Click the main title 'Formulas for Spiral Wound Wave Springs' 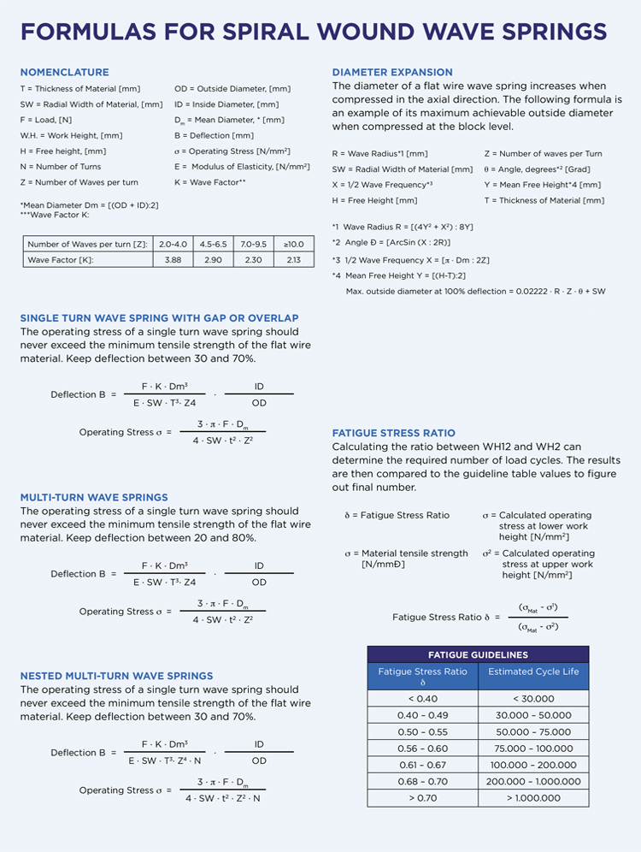[x=313, y=33]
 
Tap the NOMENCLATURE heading [x=64, y=73]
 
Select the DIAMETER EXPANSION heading [x=392, y=73]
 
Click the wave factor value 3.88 [x=173, y=259]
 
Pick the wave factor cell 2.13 [x=293, y=259]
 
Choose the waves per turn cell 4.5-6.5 [x=213, y=244]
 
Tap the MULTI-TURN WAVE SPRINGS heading [x=94, y=498]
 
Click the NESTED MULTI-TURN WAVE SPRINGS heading [x=116, y=676]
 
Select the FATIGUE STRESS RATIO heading [x=394, y=434]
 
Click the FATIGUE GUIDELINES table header [x=478, y=655]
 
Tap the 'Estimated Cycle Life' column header [x=533, y=672]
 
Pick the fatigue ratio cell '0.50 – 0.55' [x=422, y=732]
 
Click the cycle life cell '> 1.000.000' [x=533, y=797]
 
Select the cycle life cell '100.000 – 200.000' [x=533, y=765]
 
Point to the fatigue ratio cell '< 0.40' [x=422, y=699]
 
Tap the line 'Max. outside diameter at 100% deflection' [x=475, y=292]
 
